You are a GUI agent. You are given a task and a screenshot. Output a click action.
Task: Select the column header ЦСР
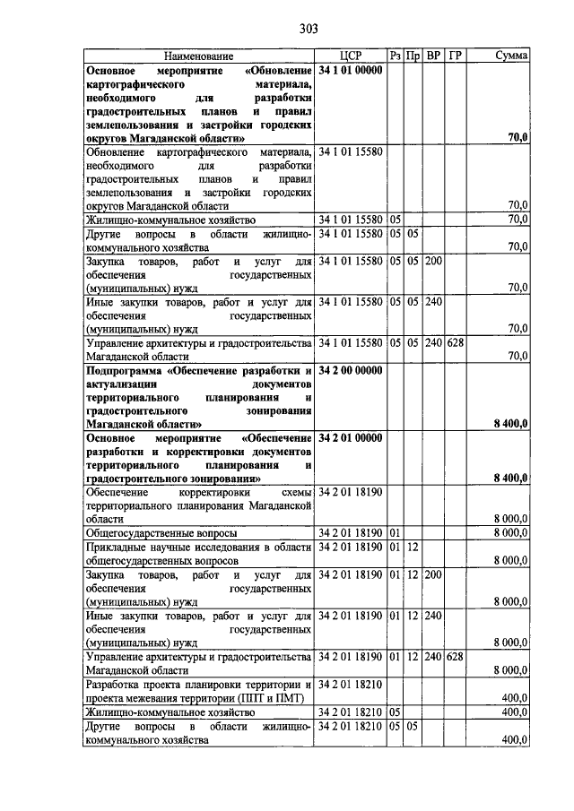coord(350,56)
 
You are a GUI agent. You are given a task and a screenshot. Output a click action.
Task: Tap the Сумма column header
coord(511,56)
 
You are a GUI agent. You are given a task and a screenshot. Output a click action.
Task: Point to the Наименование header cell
coord(198,56)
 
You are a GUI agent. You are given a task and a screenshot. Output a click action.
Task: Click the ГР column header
coord(456,56)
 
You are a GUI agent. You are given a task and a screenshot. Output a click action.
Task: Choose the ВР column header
coord(433,56)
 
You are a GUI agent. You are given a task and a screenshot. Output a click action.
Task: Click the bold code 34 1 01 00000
coord(350,69)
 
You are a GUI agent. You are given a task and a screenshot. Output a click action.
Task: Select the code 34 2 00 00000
coord(350,370)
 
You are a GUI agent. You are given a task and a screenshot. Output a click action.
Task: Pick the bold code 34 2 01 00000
coord(350,438)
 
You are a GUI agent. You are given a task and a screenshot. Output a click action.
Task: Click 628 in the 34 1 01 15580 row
coord(456,341)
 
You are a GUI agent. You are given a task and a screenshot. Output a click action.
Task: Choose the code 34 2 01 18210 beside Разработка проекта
coord(350,684)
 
